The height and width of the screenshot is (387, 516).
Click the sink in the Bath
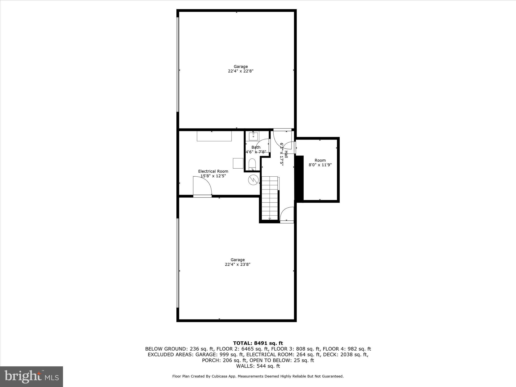pyautogui.click(x=253, y=136)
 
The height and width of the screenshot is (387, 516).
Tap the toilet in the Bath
pyautogui.click(x=252, y=164)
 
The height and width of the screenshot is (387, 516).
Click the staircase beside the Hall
pyautogui.click(x=270, y=198)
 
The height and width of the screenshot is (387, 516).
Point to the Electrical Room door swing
pyautogui.click(x=202, y=186)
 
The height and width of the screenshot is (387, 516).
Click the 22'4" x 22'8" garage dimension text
pyautogui.click(x=241, y=71)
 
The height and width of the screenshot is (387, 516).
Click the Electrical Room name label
pyautogui.click(x=213, y=171)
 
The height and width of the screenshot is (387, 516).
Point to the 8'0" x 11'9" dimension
pyautogui.click(x=320, y=165)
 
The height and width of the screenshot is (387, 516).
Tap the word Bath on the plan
pyautogui.click(x=256, y=147)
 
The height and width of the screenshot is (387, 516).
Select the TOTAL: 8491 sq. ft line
pyautogui.click(x=258, y=343)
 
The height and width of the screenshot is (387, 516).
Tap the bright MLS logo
pyautogui.click(x=31, y=377)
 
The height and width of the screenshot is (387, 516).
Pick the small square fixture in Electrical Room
pyautogui.click(x=238, y=163)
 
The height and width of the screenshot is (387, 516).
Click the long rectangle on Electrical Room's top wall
pyautogui.click(x=214, y=136)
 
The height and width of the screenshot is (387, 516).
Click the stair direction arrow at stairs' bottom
pyautogui.click(x=270, y=218)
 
